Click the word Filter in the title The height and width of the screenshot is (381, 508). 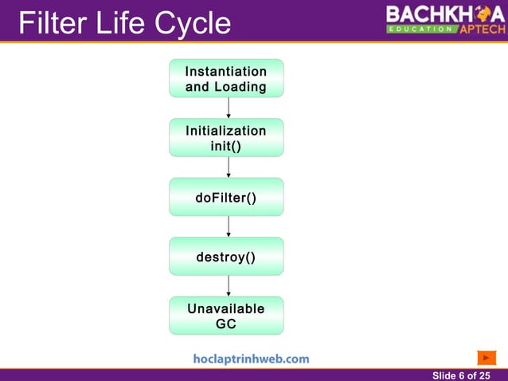[x=52, y=23]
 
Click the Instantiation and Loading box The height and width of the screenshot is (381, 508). [x=226, y=79]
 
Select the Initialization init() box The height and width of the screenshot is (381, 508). [x=226, y=138]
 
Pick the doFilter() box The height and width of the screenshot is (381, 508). [x=226, y=197]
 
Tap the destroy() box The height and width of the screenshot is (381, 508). [x=226, y=257]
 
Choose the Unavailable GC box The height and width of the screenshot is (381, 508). [x=226, y=316]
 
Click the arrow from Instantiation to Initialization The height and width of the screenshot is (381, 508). [x=229, y=108]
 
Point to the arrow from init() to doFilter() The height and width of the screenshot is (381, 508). [x=229, y=167]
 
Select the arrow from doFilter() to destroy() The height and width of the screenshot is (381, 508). [x=229, y=226]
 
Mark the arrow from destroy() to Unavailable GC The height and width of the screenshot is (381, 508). [x=229, y=285]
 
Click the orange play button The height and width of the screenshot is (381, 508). [x=487, y=358]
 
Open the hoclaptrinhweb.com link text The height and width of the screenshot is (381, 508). [x=251, y=359]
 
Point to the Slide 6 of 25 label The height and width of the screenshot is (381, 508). [x=461, y=375]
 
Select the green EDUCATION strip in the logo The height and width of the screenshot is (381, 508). [x=422, y=29]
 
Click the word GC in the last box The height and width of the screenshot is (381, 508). [x=226, y=324]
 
